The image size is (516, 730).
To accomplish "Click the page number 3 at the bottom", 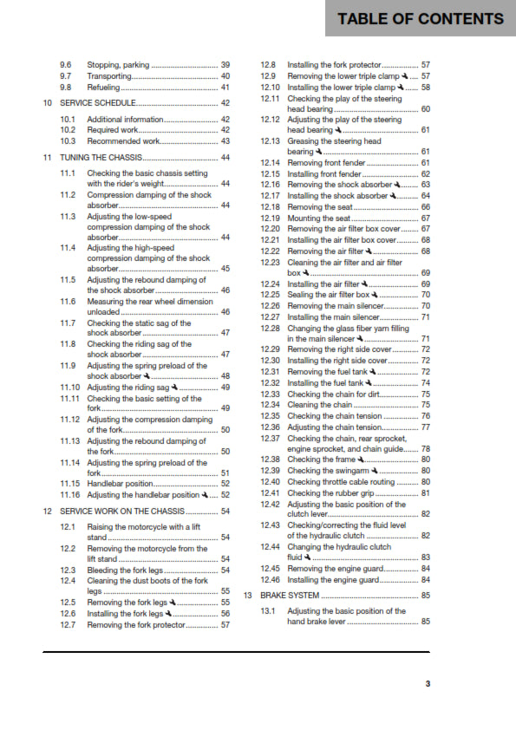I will [x=428, y=684].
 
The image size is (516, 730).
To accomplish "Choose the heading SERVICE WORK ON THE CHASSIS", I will [x=119, y=512].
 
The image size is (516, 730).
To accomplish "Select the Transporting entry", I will [x=109, y=76].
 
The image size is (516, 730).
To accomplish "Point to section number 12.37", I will [x=270, y=437].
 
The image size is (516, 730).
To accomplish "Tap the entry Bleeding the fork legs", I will [x=127, y=570].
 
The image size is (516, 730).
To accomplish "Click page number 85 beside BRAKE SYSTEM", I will [x=425, y=596].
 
